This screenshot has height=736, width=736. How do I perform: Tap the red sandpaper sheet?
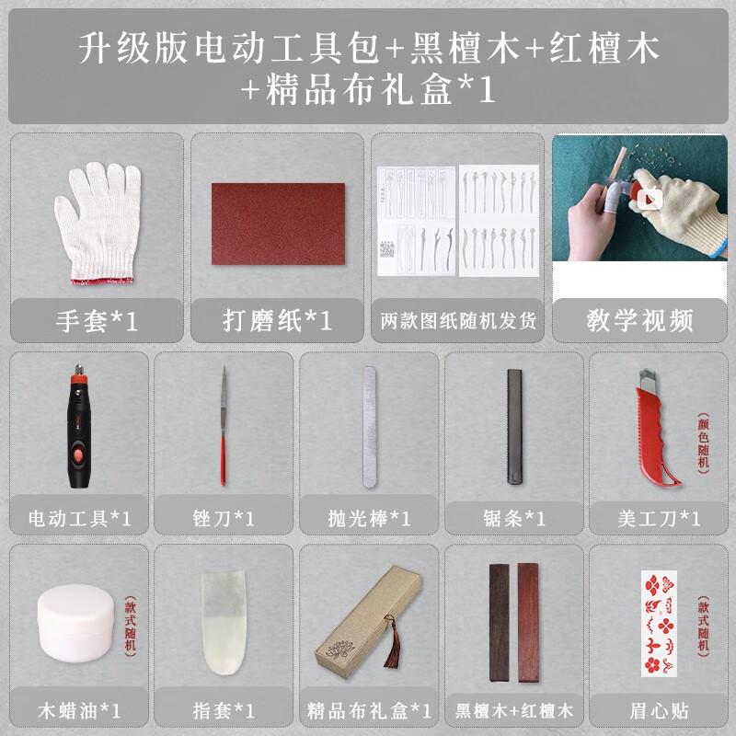point(278,224)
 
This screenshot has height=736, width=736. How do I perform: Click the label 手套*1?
point(96,321)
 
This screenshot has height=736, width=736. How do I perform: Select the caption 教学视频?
point(639,320)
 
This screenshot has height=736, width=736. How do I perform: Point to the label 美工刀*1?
point(659,518)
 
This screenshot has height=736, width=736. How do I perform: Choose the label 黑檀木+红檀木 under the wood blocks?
point(513,710)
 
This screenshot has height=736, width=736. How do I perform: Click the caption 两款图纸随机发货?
point(458,322)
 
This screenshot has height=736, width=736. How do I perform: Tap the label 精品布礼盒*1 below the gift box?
point(369,710)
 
